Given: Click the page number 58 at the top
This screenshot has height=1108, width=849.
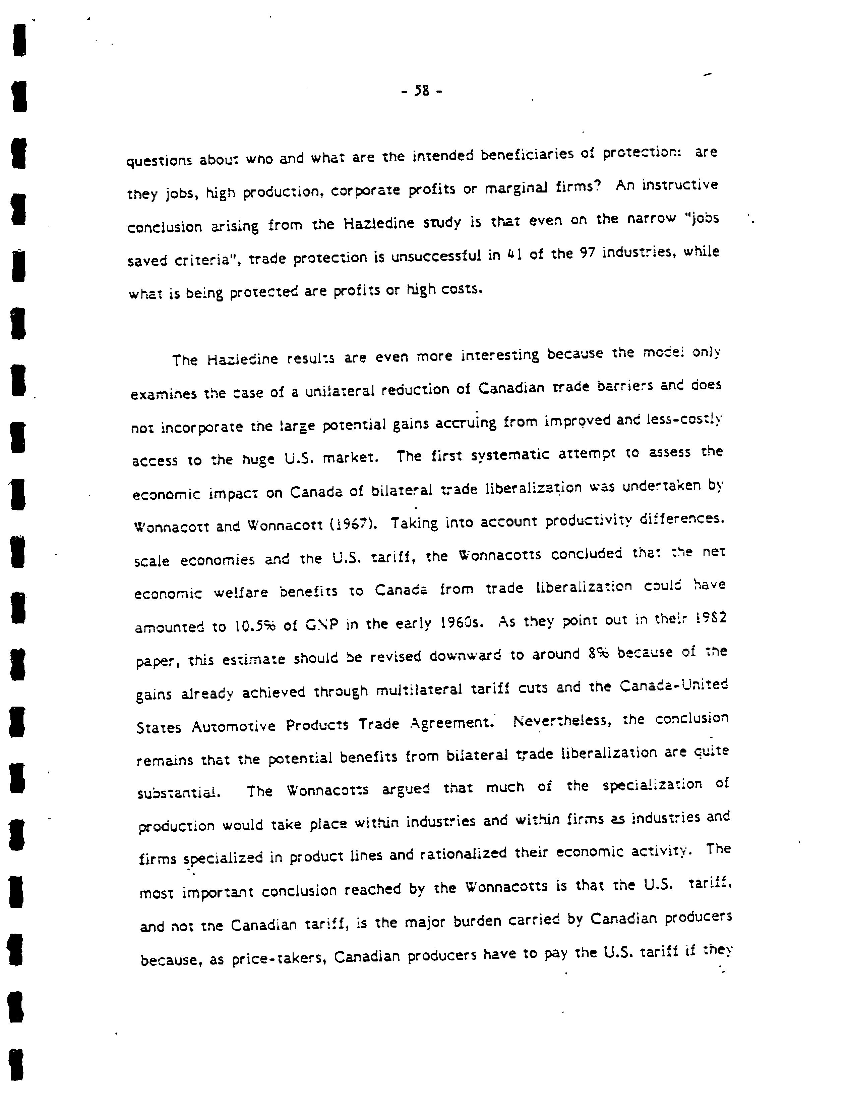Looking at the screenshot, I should pos(421,91).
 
